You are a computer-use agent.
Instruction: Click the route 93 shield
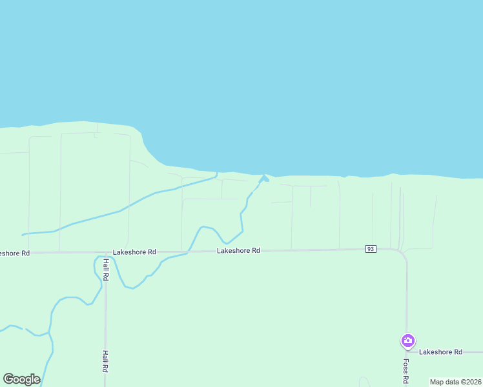pyautogui.click(x=371, y=249)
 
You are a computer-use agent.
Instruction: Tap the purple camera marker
pyautogui.click(x=407, y=340)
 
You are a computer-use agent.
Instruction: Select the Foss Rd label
pyautogui.click(x=406, y=370)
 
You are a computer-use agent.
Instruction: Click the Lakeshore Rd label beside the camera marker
pyautogui.click(x=440, y=352)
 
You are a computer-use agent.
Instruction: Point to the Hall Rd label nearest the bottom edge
pyautogui.click(x=105, y=361)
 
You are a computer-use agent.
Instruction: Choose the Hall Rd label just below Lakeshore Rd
pyautogui.click(x=106, y=269)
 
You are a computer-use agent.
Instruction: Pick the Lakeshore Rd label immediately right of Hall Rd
pyautogui.click(x=134, y=252)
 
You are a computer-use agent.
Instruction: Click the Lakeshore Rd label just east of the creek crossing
pyautogui.click(x=238, y=250)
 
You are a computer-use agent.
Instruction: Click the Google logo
pyautogui.click(x=21, y=379)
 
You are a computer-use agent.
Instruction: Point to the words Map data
pyautogui.click(x=444, y=382)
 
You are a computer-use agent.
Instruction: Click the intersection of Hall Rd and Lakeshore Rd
pyautogui.click(x=105, y=253)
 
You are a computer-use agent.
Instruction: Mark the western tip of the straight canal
pyautogui.click(x=23, y=234)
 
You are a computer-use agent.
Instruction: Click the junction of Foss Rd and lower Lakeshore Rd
pyautogui.click(x=407, y=352)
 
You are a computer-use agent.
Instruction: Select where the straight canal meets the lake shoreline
pyautogui.click(x=217, y=173)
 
